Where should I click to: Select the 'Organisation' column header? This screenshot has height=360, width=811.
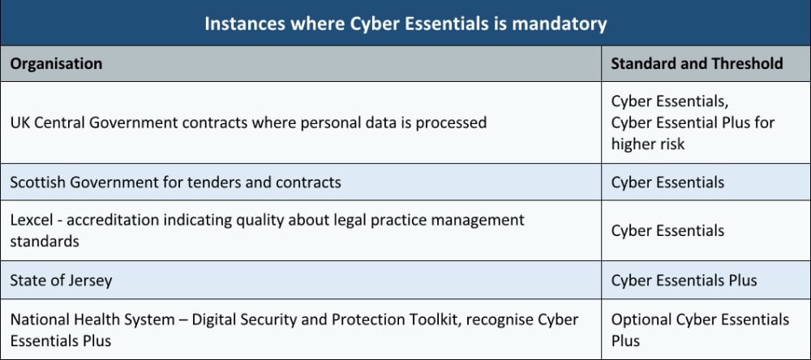point(56,63)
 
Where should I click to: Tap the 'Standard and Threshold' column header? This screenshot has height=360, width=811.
point(697,63)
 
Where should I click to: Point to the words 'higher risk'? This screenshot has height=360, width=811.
point(647,144)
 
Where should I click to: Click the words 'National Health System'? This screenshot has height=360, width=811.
point(92,319)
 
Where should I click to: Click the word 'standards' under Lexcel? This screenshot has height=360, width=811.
point(45,241)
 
